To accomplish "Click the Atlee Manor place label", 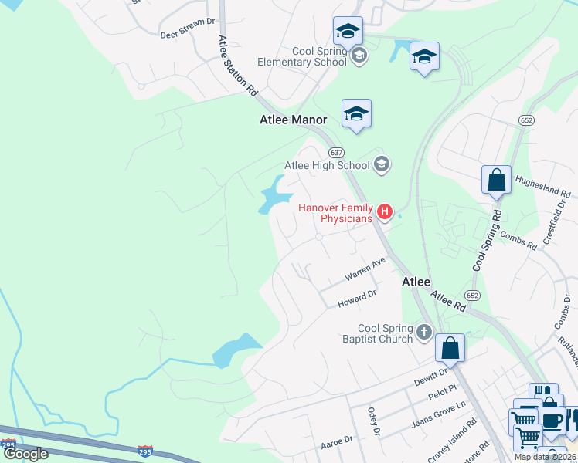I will (x=293, y=120).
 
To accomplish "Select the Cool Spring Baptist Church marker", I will (x=423, y=332).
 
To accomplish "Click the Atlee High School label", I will (x=328, y=164).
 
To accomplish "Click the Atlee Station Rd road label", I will (x=237, y=65).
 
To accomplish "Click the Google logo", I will (x=25, y=453).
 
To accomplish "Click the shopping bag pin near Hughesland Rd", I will (x=496, y=181).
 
